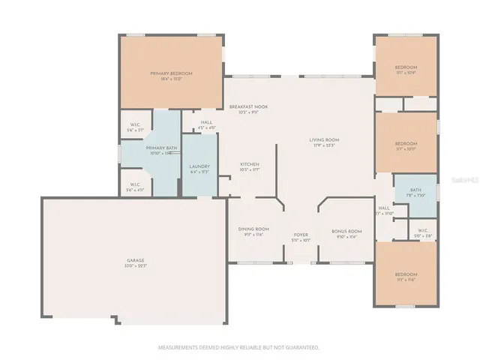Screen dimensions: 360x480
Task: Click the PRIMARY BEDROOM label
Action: click(171, 73)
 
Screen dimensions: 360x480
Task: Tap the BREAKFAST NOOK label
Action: click(248, 106)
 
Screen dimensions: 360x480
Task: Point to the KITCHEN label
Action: click(250, 164)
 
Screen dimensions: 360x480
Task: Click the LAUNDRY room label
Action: click(199, 166)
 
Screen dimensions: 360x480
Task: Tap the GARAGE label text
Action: click(136, 261)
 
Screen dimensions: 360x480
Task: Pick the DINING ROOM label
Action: click(254, 229)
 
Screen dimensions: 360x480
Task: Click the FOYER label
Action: click(301, 235)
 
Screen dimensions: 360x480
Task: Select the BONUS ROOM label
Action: click(346, 231)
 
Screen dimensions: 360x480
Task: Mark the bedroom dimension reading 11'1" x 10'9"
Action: click(406, 73)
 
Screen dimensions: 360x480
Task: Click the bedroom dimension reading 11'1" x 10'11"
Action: click(406, 148)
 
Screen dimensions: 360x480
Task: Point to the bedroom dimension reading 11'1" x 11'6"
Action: click(406, 280)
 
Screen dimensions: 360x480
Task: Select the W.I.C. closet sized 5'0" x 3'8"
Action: click(422, 233)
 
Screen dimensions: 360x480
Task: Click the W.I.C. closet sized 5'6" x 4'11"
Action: click(135, 187)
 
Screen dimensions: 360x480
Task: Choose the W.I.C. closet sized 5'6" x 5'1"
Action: click(135, 127)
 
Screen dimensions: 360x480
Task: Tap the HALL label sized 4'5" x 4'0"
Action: click(206, 124)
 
